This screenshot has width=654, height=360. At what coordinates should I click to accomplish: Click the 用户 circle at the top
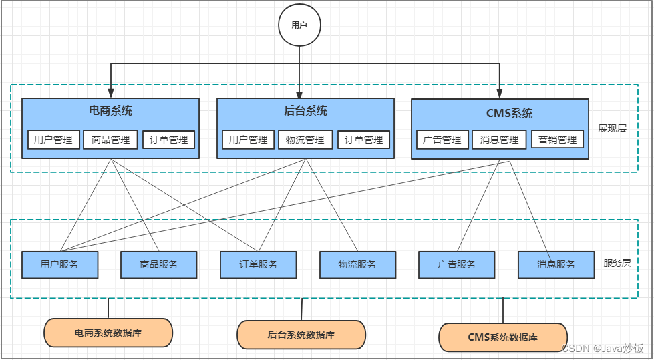pyautogui.click(x=299, y=25)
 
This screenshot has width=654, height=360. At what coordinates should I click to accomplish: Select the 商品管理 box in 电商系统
pyautogui.click(x=111, y=140)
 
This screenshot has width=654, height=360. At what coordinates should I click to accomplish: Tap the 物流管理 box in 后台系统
pyautogui.click(x=305, y=140)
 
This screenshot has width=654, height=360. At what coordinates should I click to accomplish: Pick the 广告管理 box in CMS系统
pyautogui.click(x=442, y=140)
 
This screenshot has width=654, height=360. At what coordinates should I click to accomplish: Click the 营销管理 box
pyautogui.click(x=558, y=140)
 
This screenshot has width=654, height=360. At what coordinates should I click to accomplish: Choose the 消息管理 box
pyautogui.click(x=500, y=140)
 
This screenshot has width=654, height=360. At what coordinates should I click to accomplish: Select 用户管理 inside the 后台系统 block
pyautogui.click(x=248, y=140)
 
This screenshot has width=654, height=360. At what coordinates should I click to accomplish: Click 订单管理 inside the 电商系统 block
pyautogui.click(x=169, y=140)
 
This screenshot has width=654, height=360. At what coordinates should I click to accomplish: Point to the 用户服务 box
pyautogui.click(x=59, y=264)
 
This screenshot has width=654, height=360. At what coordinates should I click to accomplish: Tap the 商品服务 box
pyautogui.click(x=159, y=264)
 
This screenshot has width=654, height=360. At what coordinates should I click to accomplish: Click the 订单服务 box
pyautogui.click(x=259, y=264)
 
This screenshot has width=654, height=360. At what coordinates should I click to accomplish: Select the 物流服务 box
pyautogui.click(x=357, y=264)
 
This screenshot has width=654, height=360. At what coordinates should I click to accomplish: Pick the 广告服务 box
pyautogui.click(x=457, y=264)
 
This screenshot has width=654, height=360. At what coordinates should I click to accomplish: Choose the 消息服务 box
pyautogui.click(x=556, y=264)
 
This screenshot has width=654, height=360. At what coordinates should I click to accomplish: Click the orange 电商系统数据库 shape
pyautogui.click(x=108, y=332)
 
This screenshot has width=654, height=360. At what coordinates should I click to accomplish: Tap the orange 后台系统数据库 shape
pyautogui.click(x=301, y=335)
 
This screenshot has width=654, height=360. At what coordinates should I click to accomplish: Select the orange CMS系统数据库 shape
pyautogui.click(x=503, y=337)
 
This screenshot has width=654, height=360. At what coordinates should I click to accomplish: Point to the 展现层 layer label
pyautogui.click(x=612, y=128)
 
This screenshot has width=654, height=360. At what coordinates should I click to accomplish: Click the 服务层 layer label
pyautogui.click(x=617, y=263)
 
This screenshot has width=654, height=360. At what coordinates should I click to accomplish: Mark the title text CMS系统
pyautogui.click(x=509, y=114)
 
